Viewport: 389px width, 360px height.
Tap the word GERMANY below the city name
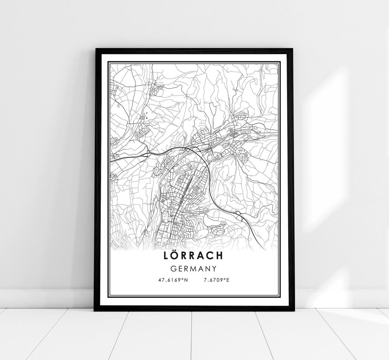tap(194, 269)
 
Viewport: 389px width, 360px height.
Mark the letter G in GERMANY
tap(174, 269)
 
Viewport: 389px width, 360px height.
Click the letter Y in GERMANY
tap(214, 269)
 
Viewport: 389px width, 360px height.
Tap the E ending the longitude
tap(228, 279)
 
